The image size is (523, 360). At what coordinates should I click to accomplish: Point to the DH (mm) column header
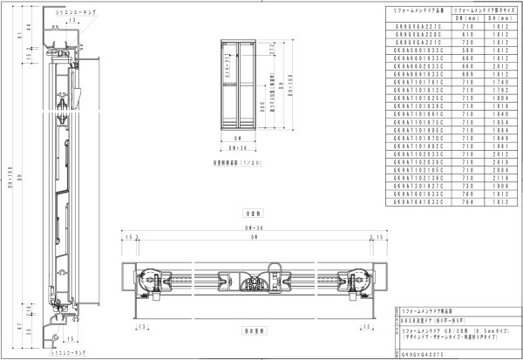(x=499, y=17)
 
